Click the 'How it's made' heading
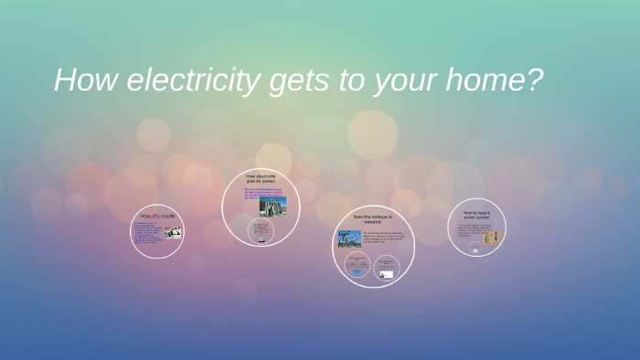click(157, 216)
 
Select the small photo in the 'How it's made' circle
click(173, 232)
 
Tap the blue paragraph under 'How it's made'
click(148, 233)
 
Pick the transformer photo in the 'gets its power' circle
click(272, 205)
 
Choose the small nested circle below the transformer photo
click(261, 231)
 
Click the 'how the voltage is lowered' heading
click(372, 218)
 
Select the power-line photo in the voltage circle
click(349, 239)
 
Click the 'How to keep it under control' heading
click(476, 215)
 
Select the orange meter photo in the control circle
click(491, 238)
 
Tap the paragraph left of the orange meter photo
click(469, 232)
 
